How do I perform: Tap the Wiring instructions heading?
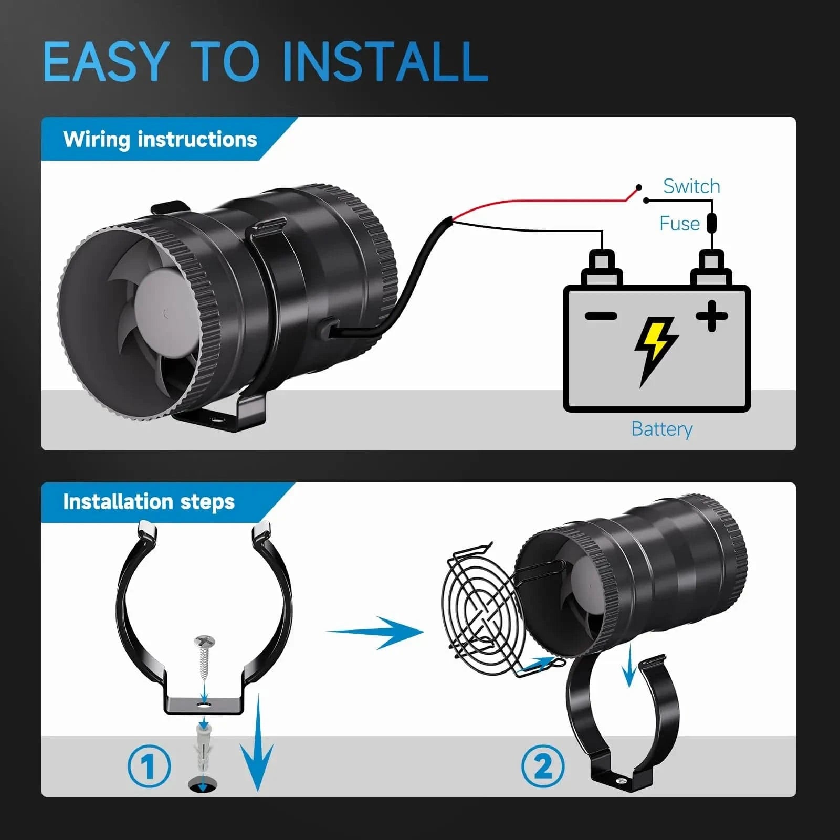pyautogui.click(x=160, y=140)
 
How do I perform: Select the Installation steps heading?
pyautogui.click(x=149, y=502)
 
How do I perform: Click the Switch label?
pyautogui.click(x=691, y=186)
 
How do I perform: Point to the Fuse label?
pyautogui.click(x=679, y=224)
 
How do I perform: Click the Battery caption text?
pyautogui.click(x=661, y=429)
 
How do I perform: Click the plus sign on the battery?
pyautogui.click(x=711, y=316)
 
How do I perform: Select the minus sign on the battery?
pyautogui.click(x=601, y=316)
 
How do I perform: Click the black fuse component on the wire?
pyautogui.click(x=712, y=223)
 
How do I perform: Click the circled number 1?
pyautogui.click(x=149, y=766)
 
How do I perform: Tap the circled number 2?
pyautogui.click(x=543, y=766)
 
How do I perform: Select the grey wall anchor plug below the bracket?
pyautogui.click(x=204, y=748)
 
